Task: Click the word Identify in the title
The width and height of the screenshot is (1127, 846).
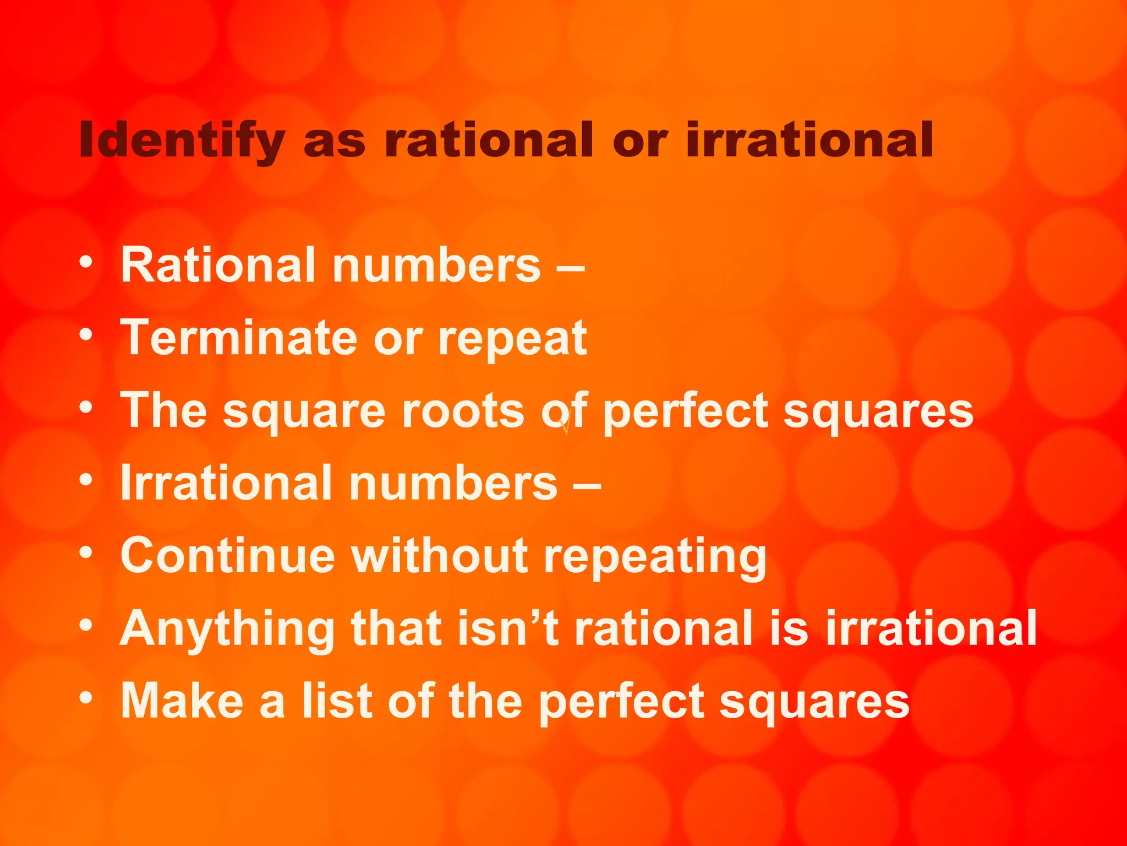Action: [x=182, y=140]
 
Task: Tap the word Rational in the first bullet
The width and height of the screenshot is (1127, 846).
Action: [x=218, y=265]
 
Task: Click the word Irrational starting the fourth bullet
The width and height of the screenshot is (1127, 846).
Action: [x=226, y=483]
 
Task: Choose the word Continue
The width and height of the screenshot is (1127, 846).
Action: [x=227, y=556]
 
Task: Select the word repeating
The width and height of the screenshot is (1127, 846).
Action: [x=655, y=558]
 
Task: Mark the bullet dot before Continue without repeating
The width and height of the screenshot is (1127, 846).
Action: [x=85, y=552]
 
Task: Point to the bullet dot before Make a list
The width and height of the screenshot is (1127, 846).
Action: [x=85, y=698]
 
